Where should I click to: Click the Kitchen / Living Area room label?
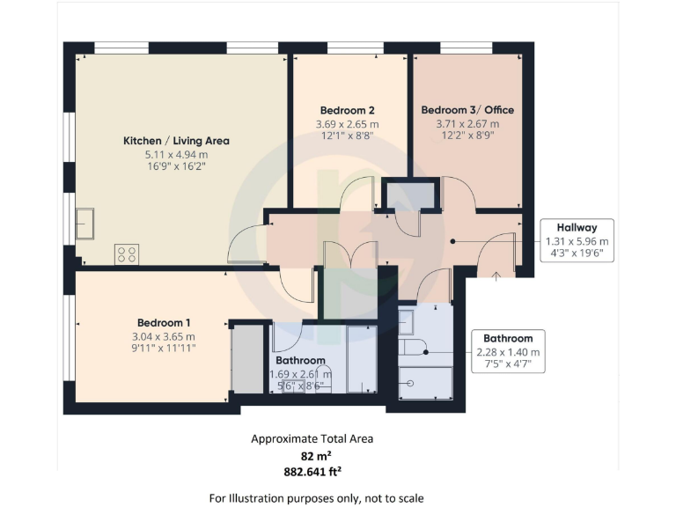pos(176,140)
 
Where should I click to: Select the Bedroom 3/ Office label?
pos(467,110)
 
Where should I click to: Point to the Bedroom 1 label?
pos(165,322)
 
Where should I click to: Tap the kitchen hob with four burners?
pos(126,254)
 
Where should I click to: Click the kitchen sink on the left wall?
pos(85,224)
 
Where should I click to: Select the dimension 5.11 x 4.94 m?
pos(176,155)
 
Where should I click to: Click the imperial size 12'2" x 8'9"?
pos(467,137)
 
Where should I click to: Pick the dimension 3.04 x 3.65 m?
pos(165,336)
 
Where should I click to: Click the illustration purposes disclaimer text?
pos(316,498)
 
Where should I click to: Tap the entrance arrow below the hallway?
pos(496,277)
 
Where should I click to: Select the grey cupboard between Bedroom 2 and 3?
pos(410,195)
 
